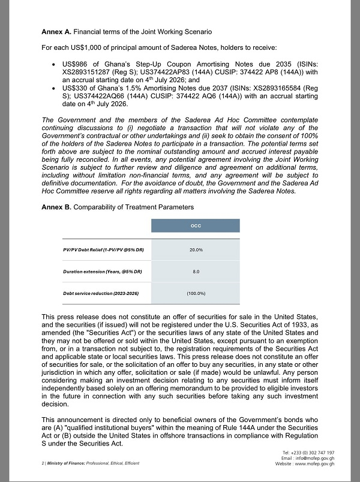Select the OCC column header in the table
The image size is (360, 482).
pos(195,225)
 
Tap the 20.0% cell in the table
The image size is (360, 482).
pos(195,249)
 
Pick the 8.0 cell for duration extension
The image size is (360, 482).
pos(195,271)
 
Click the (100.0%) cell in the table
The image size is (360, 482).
pos(195,293)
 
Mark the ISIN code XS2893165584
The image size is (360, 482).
pos(283,88)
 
